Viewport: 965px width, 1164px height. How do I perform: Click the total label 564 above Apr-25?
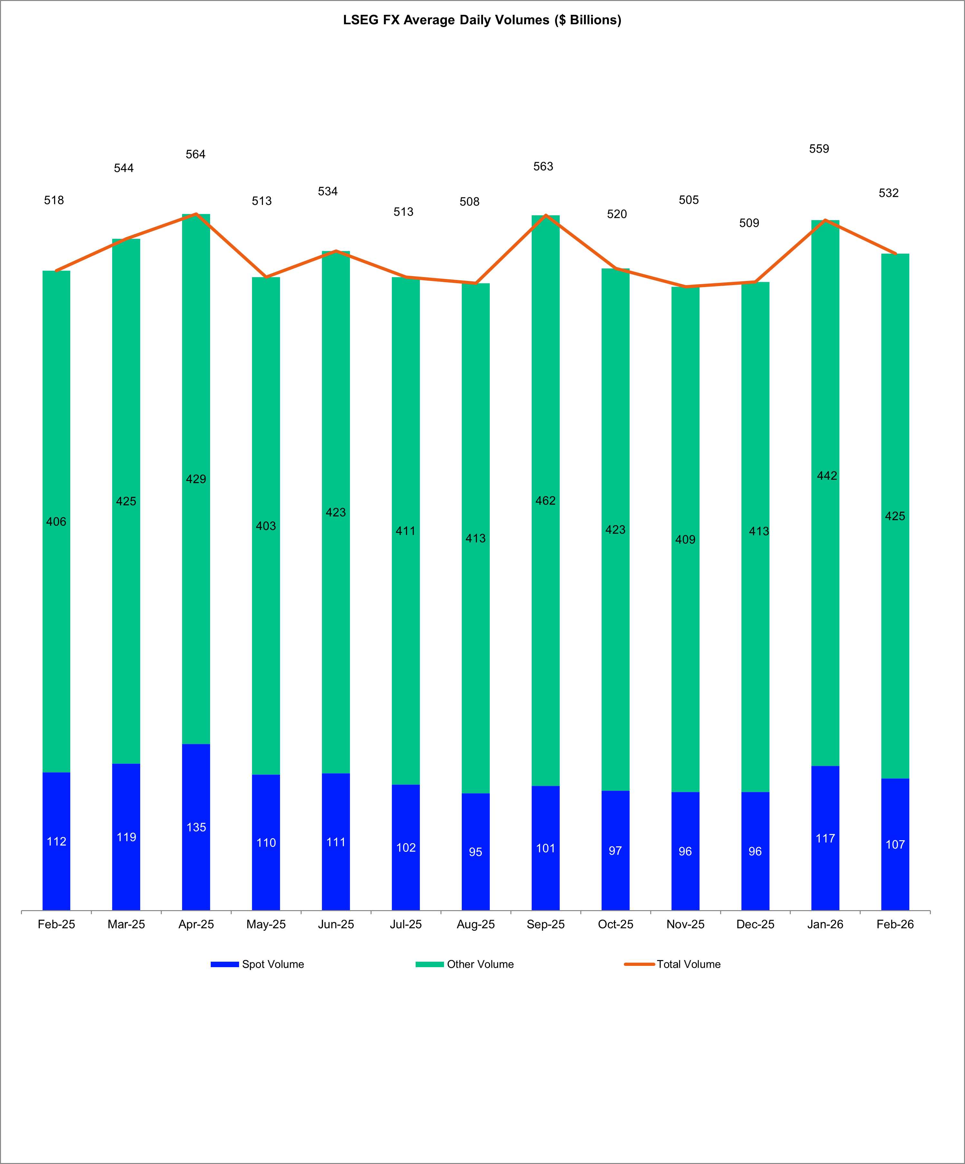tap(195, 154)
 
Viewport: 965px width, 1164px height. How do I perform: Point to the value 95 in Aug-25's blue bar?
tap(476, 852)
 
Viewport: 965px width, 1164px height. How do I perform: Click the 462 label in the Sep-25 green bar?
tap(545, 501)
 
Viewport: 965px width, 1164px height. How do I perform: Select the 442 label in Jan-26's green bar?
tap(826, 476)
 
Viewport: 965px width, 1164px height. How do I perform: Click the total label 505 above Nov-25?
tap(689, 199)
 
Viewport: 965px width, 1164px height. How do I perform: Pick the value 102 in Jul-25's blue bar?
tap(406, 848)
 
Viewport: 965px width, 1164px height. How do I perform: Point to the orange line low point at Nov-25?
tap(686, 286)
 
